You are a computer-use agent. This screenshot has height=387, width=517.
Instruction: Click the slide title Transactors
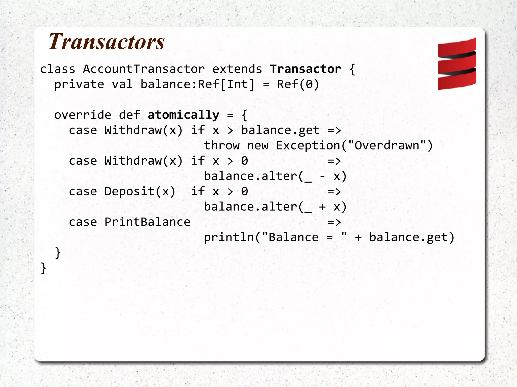tap(107, 42)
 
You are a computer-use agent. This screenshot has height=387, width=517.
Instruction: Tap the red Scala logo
tap(457, 64)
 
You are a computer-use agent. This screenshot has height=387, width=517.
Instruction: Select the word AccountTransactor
tap(144, 69)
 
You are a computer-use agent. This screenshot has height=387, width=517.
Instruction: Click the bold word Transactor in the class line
tap(305, 69)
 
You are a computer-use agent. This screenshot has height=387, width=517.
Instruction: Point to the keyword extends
tap(237, 69)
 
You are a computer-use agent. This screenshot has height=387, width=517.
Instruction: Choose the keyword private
tap(79, 84)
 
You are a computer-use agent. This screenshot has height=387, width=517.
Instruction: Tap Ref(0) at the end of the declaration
tap(298, 84)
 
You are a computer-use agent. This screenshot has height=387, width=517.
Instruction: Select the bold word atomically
tap(184, 115)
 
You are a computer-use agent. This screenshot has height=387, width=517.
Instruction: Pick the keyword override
tap(83, 115)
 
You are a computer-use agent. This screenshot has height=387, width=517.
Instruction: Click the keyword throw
tap(222, 146)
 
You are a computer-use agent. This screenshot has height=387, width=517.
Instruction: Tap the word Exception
tap(308, 146)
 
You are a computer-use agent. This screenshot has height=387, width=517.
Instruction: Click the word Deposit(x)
tap(140, 192)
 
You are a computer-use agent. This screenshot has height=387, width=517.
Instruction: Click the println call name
tap(229, 237)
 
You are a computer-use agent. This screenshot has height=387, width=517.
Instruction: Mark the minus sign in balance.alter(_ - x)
tap(322, 176)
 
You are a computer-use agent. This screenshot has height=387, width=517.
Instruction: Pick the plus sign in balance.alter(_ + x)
tap(322, 207)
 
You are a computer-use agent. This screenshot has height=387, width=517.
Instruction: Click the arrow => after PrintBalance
tap(334, 222)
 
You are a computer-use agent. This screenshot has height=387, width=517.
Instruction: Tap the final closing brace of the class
tap(43, 268)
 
